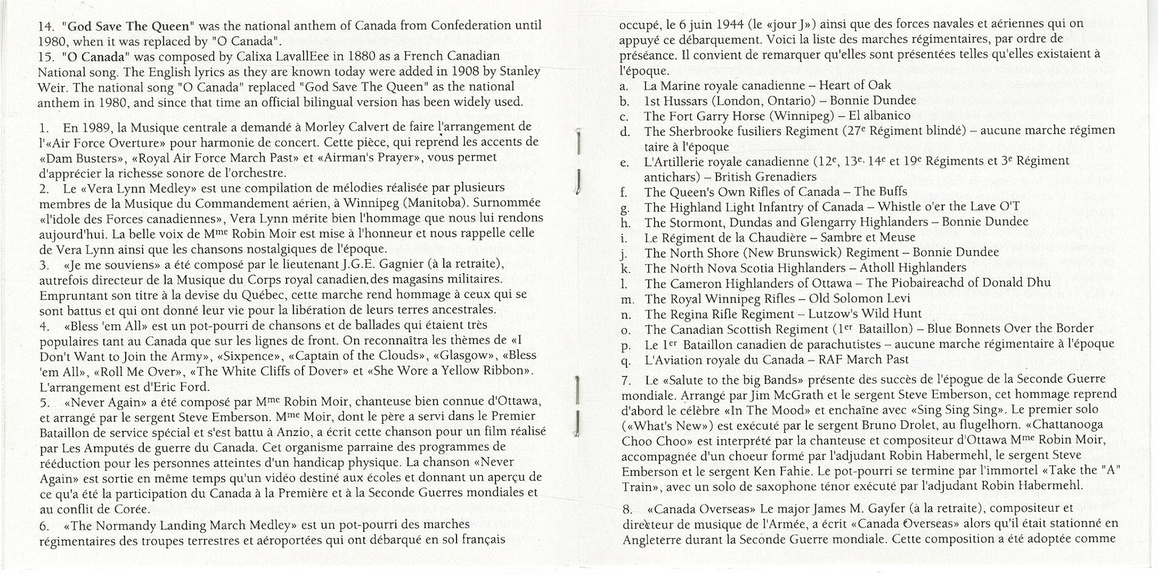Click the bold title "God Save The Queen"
pyautogui.click(x=128, y=26)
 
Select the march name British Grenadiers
pyautogui.click(x=765, y=177)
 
